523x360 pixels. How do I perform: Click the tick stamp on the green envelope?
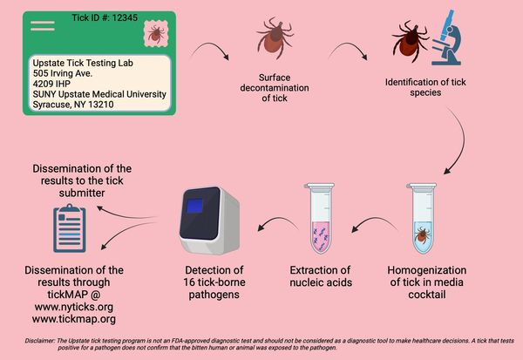pyautogui.click(x=155, y=36)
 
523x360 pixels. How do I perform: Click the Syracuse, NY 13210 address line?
pyautogui.click(x=72, y=105)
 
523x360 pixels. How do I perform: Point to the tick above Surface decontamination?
pyautogui.click(x=273, y=38)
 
